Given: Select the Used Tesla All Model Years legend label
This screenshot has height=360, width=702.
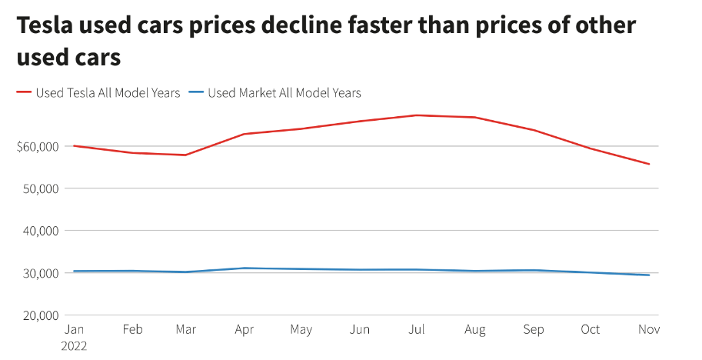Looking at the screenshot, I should (x=108, y=93).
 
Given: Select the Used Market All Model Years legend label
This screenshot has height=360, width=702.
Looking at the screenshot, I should (x=284, y=93).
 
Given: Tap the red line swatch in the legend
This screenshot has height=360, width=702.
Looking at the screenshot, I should (x=24, y=93).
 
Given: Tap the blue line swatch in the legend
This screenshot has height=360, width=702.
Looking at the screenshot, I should (x=196, y=93).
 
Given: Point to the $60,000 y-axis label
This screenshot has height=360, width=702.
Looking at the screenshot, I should (x=37, y=146).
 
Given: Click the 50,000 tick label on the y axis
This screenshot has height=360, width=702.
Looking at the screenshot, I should (x=39, y=188).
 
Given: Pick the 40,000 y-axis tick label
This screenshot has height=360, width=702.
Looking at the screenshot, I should (x=39, y=231).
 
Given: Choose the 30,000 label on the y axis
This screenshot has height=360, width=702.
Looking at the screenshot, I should (x=39, y=273).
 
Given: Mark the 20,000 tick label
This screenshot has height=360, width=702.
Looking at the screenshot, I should (x=39, y=315).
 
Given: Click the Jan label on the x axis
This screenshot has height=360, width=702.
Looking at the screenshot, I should (x=74, y=330).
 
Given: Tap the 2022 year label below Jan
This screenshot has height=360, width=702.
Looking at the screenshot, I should (x=74, y=345).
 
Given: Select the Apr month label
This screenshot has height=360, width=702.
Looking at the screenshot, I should (x=244, y=330).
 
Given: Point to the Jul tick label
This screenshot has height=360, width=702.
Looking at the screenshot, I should (x=417, y=330).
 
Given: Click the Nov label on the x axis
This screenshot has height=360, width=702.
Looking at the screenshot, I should (x=648, y=330).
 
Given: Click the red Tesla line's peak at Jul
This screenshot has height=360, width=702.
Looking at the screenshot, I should (x=417, y=115).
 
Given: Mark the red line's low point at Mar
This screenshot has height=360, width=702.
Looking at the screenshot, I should (x=186, y=155).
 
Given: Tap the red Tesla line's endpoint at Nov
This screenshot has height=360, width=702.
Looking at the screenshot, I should (x=649, y=164).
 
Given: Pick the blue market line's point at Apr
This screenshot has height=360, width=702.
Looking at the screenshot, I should (x=244, y=268).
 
